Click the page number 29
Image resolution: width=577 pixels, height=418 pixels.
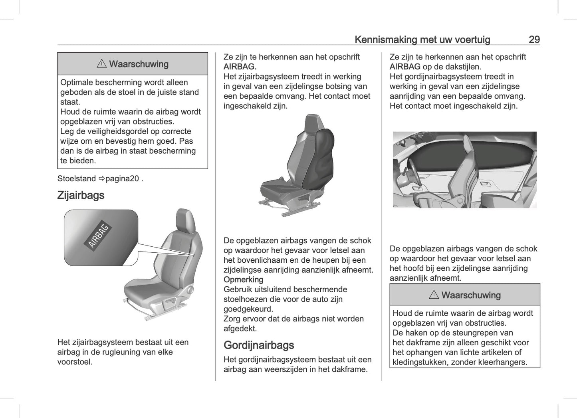click(x=534, y=40)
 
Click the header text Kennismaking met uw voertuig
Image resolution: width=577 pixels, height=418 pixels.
click(x=422, y=40)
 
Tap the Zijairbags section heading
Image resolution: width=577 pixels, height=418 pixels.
click(x=81, y=195)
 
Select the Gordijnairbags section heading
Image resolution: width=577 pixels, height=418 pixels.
click(x=259, y=345)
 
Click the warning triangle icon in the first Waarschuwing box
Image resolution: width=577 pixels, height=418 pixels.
click(x=101, y=64)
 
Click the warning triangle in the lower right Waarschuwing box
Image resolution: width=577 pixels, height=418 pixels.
click(x=434, y=295)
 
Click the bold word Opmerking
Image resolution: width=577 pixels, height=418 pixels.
click(x=243, y=279)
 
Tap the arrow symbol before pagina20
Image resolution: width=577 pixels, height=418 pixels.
click(x=101, y=178)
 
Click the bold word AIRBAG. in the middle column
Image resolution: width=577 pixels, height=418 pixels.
click(x=240, y=67)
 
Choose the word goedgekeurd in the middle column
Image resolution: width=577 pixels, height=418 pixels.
click(x=248, y=309)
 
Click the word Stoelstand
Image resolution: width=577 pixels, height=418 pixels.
click(x=76, y=178)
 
